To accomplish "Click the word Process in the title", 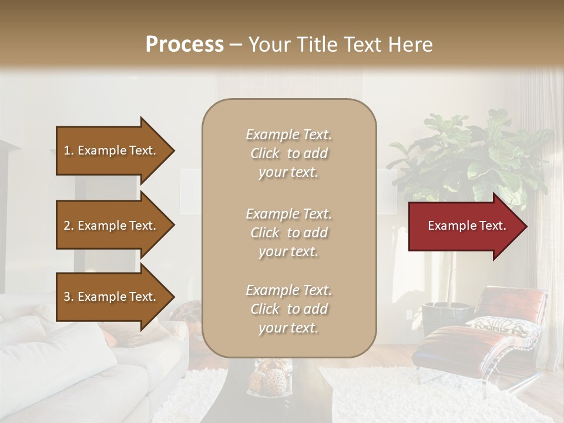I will pyautogui.click(x=184, y=45).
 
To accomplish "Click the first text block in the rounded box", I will pyautogui.click(x=288, y=153).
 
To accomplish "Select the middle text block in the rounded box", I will pyautogui.click(x=288, y=233).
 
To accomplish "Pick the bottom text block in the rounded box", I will pyautogui.click(x=288, y=309).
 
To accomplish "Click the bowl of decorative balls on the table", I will pyautogui.click(x=270, y=379).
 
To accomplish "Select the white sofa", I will pyautogui.click(x=70, y=364).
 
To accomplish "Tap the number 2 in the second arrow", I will pyautogui.click(x=66, y=226).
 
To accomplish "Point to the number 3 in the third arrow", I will pyautogui.click(x=66, y=297).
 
